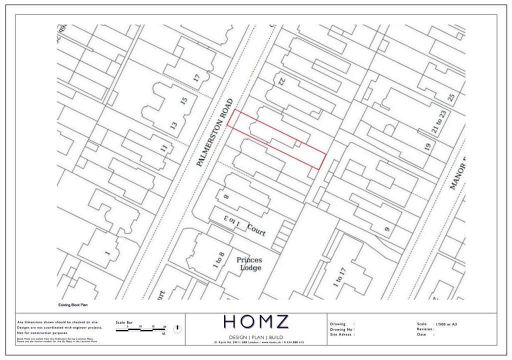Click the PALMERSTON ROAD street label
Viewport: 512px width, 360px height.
215,132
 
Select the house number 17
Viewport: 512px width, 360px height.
196,78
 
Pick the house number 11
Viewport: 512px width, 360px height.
164,148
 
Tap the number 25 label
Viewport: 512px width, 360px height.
451,97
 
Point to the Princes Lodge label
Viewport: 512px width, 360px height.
249,263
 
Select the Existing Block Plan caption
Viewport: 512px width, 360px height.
73,304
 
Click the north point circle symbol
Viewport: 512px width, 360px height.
177,329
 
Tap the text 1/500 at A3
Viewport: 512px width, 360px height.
446,324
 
